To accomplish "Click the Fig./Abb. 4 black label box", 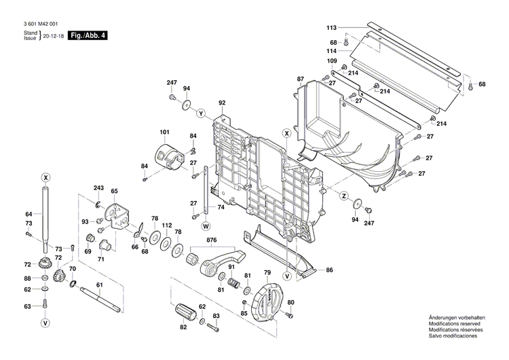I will [x=90, y=35].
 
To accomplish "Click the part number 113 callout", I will [x=331, y=28].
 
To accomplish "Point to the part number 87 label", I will [x=301, y=79].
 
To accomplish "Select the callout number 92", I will [x=221, y=103].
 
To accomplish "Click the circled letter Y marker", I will [x=201, y=111].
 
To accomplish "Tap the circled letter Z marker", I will [x=344, y=196].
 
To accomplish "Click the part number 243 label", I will [x=98, y=188].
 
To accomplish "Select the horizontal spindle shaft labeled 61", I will [x=100, y=299].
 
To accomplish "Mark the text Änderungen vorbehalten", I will [x=456, y=318].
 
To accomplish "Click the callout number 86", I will [x=329, y=270].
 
